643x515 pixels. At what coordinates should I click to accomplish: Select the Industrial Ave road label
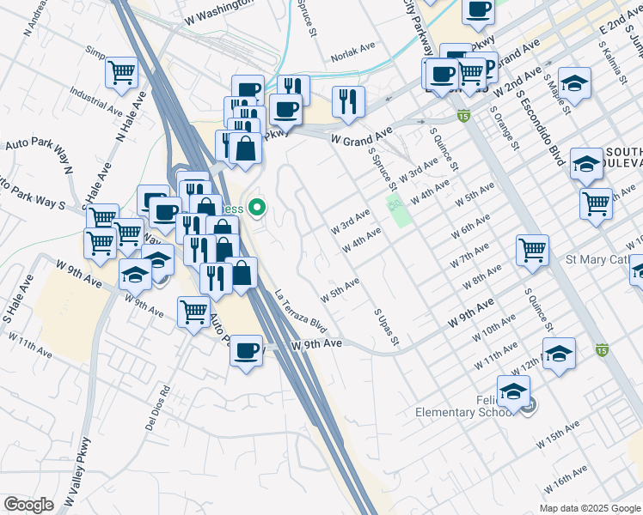tap(96, 102)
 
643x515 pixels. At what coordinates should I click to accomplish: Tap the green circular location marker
tap(256, 208)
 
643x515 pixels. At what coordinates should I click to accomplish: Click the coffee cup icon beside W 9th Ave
tap(247, 350)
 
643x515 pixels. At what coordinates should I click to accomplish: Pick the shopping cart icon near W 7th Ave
tap(532, 250)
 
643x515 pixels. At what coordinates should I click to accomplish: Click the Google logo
tap(28, 504)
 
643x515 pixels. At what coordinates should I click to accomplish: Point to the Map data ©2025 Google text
tap(589, 508)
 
